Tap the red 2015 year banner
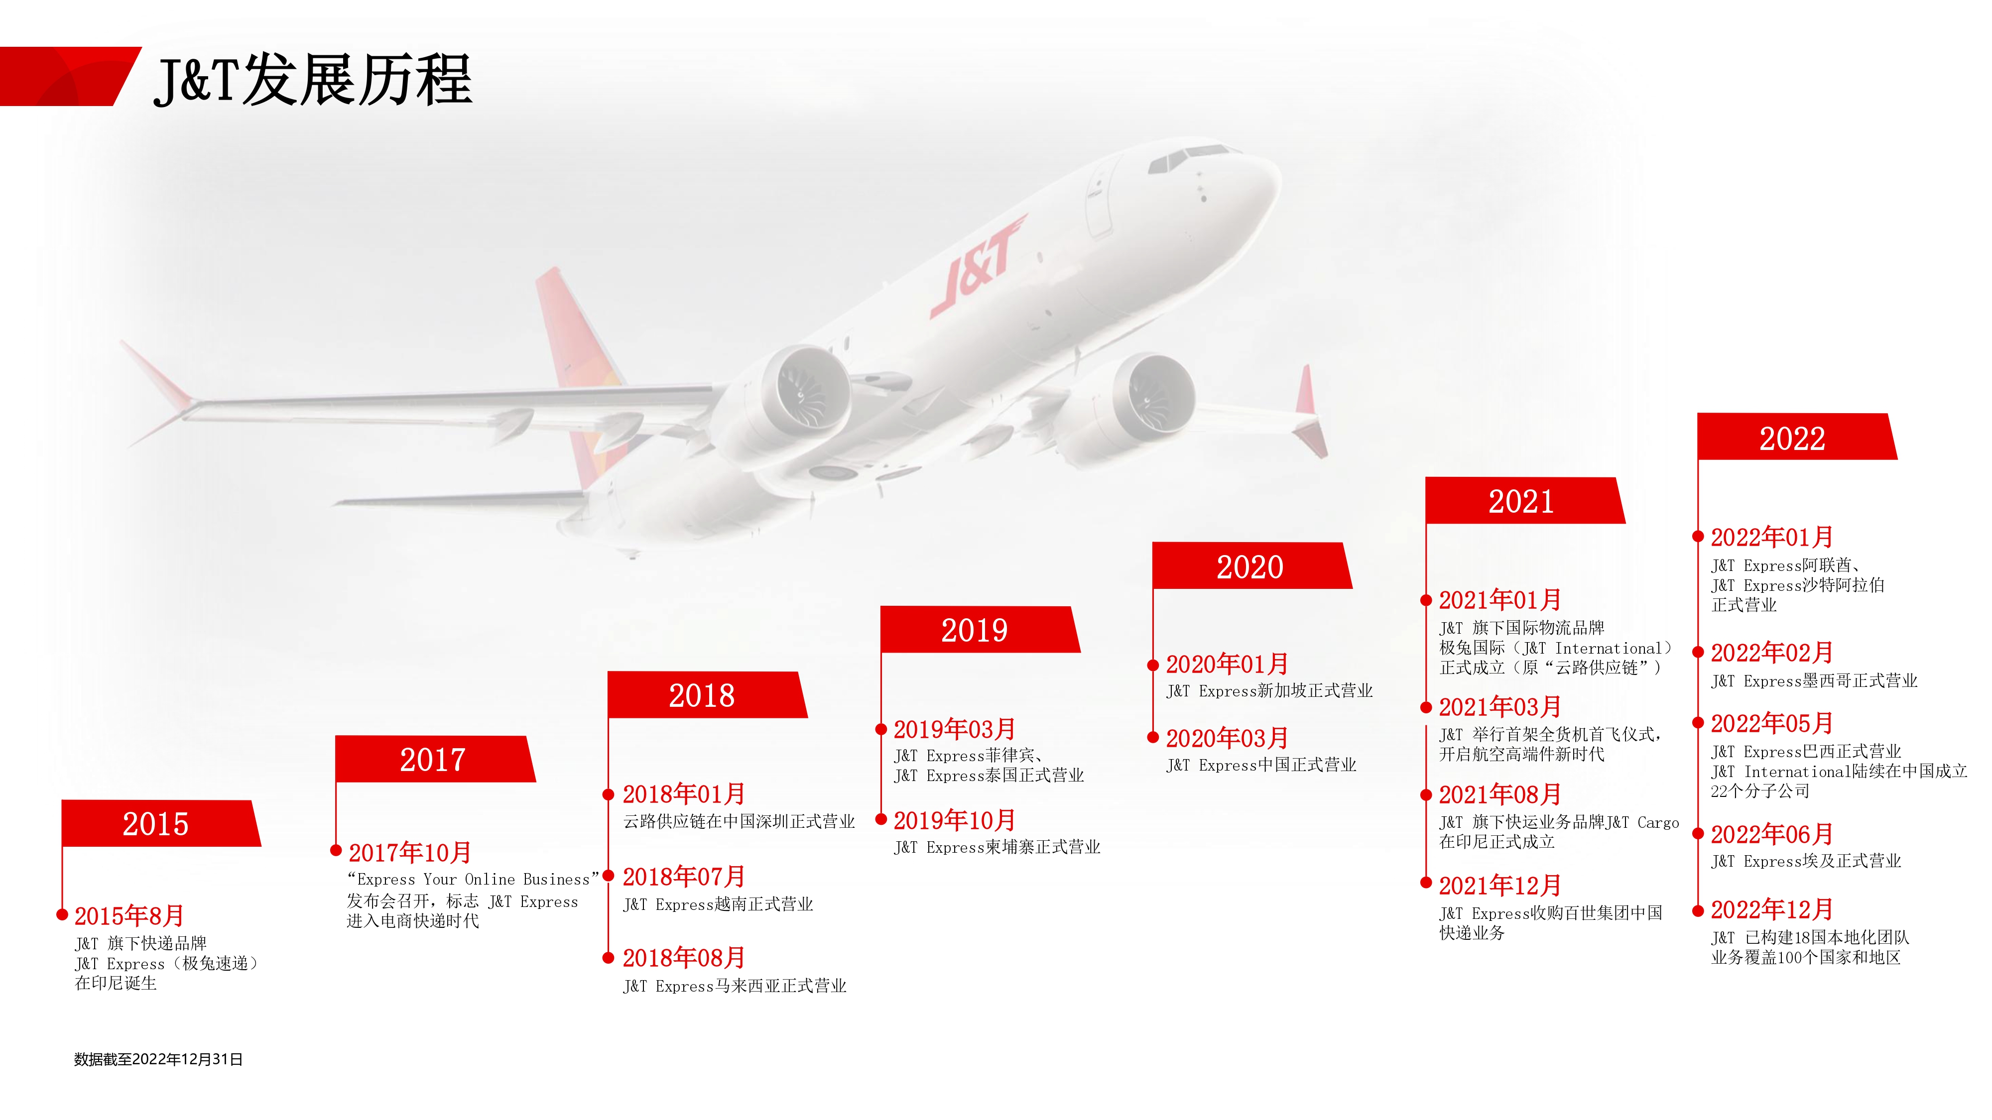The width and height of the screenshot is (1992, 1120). (161, 823)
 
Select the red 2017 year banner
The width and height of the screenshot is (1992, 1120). (435, 759)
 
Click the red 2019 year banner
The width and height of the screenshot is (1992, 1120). (979, 629)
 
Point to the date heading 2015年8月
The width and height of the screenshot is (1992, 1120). (129, 916)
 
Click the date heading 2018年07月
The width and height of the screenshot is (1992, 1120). (684, 877)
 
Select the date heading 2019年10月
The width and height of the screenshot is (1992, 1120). (954, 820)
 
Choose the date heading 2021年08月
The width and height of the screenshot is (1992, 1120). (1499, 794)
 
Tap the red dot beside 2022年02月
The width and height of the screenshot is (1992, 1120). (1698, 652)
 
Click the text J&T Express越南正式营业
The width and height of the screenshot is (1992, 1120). (719, 903)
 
